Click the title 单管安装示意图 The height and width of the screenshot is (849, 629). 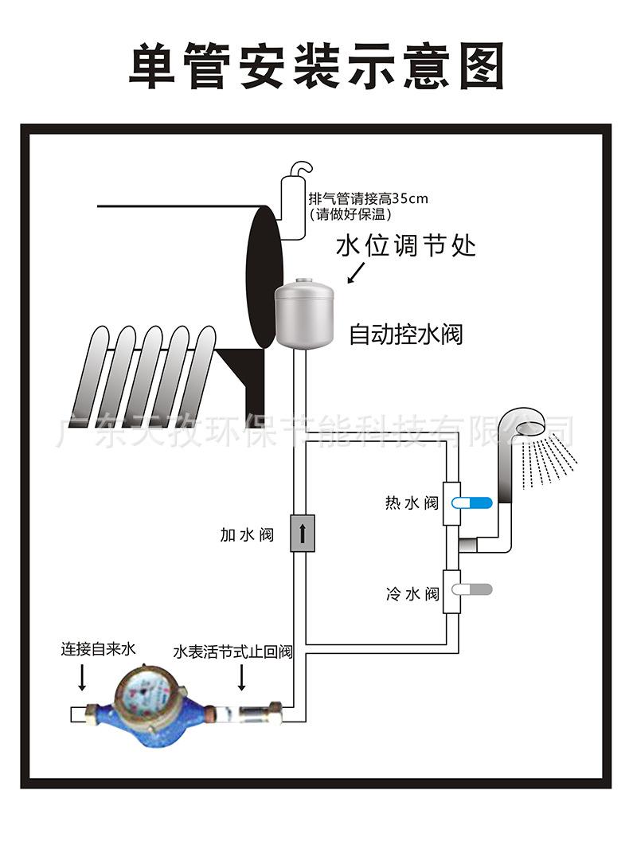[317, 65]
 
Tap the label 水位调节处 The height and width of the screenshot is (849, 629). [405, 245]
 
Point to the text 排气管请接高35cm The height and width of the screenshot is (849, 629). [368, 198]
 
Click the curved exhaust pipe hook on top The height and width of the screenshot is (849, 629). [301, 170]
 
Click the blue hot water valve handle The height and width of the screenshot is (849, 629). [473, 503]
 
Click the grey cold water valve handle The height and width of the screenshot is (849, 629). [472, 590]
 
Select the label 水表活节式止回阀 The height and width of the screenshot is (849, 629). [232, 652]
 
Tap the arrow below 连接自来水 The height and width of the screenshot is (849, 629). [84, 678]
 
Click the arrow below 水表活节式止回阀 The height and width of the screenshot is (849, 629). [242, 679]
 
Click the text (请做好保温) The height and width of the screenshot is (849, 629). [350, 214]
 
